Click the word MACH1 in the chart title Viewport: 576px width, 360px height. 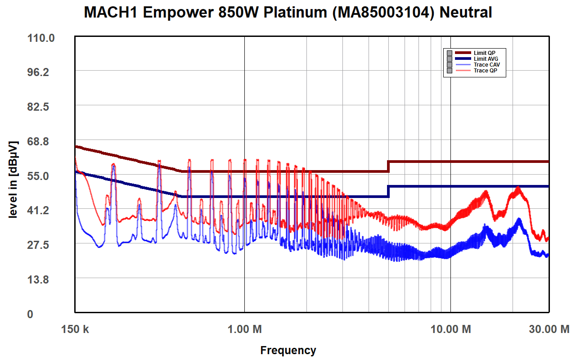pyautogui.click(x=111, y=13)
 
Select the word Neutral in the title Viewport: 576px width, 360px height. pyautogui.click(x=465, y=13)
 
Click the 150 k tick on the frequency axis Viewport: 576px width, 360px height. pyautogui.click(x=75, y=329)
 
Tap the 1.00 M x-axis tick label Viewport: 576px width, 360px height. pyautogui.click(x=244, y=329)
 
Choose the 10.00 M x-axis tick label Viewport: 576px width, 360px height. pyautogui.click(x=450, y=329)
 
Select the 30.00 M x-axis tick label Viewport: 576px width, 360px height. pyautogui.click(x=549, y=329)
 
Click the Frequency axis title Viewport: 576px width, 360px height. pyautogui.click(x=288, y=350)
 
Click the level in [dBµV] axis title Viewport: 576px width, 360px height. pyautogui.click(x=13, y=180)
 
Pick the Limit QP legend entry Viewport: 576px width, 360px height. pyautogui.click(x=484, y=53)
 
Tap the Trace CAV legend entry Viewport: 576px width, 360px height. pyautogui.click(x=486, y=65)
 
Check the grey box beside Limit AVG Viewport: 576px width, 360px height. pyautogui.click(x=449, y=59)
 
